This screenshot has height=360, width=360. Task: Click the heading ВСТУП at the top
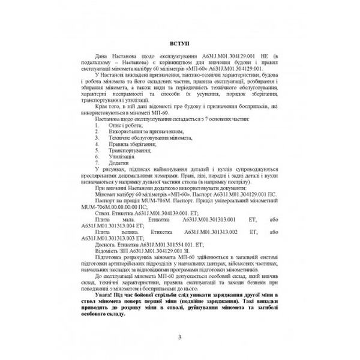pyautogui.click(x=179, y=44)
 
